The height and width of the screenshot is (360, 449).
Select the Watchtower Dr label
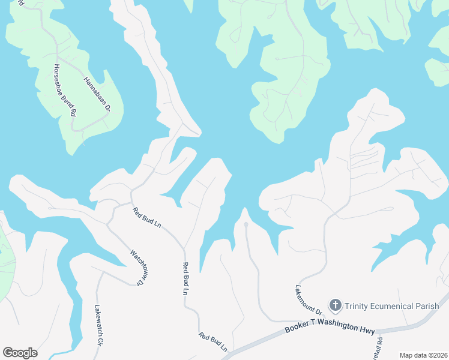point(137,266)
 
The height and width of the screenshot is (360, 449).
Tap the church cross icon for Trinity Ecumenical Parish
point(335,306)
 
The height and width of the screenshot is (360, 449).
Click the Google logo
point(20,353)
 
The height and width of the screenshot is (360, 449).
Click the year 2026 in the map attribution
point(438,355)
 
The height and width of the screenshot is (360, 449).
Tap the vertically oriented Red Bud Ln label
point(185,278)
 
